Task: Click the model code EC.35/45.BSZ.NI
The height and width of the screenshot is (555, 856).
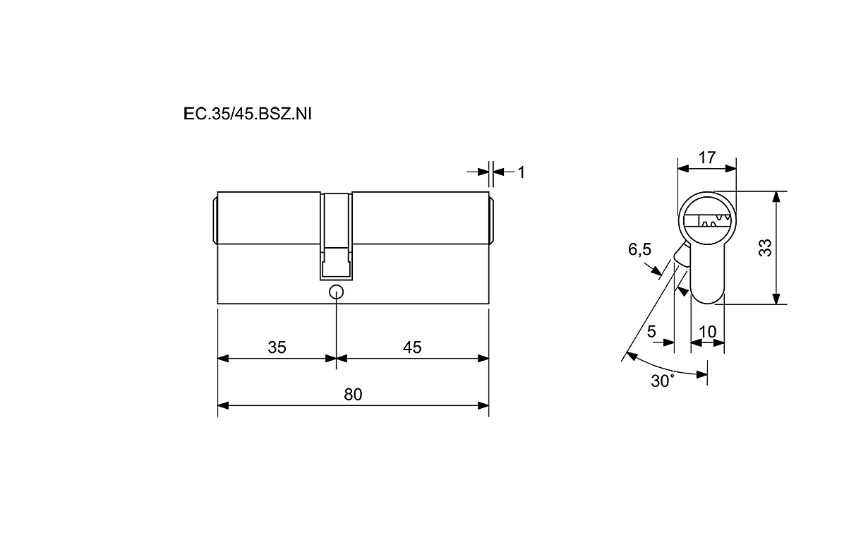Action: pyautogui.click(x=248, y=114)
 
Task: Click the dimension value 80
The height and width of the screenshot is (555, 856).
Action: pyautogui.click(x=353, y=394)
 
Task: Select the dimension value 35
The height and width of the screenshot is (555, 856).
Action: pyautogui.click(x=277, y=347)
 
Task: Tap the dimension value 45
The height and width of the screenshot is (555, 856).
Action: pyautogui.click(x=412, y=347)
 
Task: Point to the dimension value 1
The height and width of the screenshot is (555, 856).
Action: pyautogui.click(x=522, y=172)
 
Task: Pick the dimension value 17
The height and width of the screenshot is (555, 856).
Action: pyautogui.click(x=706, y=157)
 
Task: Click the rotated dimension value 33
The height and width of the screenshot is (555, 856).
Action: pyautogui.click(x=766, y=248)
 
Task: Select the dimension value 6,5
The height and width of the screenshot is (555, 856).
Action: pyautogui.click(x=639, y=250)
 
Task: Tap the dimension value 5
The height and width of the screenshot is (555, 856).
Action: pyautogui.click(x=651, y=331)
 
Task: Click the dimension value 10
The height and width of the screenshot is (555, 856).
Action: pyautogui.click(x=707, y=332)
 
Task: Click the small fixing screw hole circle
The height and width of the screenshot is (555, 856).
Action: pyautogui.click(x=336, y=292)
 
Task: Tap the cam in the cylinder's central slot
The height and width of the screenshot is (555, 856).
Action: pyautogui.click(x=337, y=263)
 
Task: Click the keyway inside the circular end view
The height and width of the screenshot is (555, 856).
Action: pyautogui.click(x=707, y=221)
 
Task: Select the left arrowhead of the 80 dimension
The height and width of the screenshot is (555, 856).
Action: pyautogui.click(x=223, y=406)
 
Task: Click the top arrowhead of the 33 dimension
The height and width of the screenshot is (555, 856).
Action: pyautogui.click(x=776, y=196)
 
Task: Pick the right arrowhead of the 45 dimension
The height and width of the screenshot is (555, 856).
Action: pyautogui.click(x=483, y=359)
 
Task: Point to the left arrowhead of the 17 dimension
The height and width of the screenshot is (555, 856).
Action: pyautogui.click(x=683, y=169)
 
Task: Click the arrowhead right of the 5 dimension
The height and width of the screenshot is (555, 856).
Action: pyautogui.click(x=669, y=342)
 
